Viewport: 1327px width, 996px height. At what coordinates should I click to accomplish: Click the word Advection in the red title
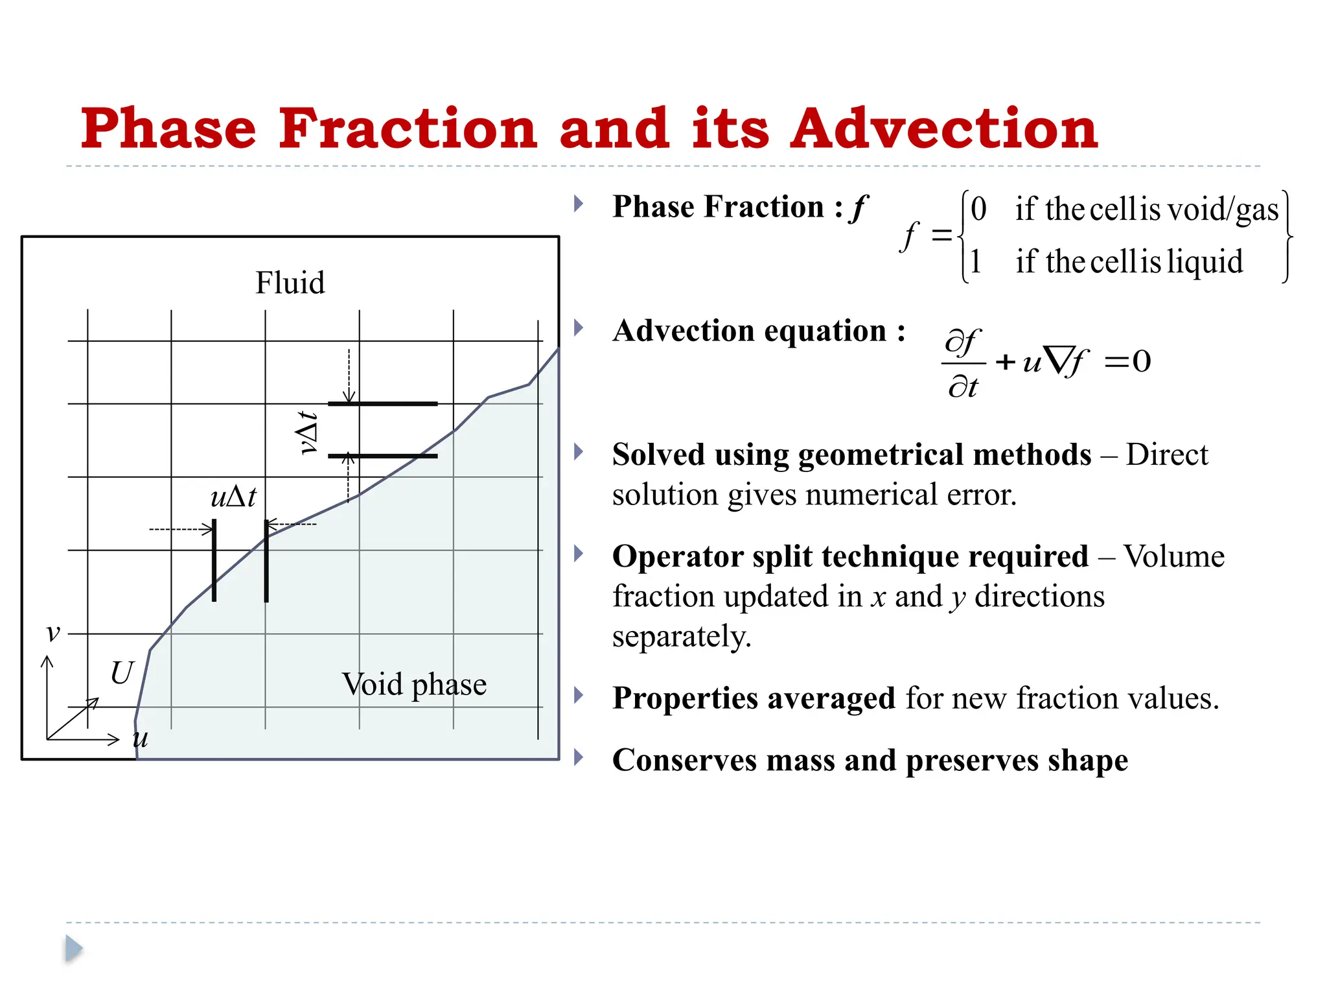pyautogui.click(x=943, y=128)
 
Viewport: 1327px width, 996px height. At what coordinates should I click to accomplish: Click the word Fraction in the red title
pyautogui.click(x=408, y=128)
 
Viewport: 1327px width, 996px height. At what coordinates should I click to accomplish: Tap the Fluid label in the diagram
pyautogui.click(x=290, y=283)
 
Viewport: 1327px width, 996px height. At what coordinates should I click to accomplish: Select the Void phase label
pyautogui.click(x=414, y=685)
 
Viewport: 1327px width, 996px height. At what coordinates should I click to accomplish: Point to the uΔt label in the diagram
pyautogui.click(x=233, y=497)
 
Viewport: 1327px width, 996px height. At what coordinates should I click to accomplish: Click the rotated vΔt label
pyautogui.click(x=307, y=433)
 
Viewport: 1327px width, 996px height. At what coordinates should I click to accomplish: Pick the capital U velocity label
pyautogui.click(x=122, y=673)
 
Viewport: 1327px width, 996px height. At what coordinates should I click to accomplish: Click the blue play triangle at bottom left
pyautogui.click(x=74, y=949)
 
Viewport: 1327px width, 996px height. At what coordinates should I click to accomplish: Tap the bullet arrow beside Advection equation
pyautogui.click(x=579, y=328)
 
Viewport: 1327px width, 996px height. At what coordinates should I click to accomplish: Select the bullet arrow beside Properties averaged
pyautogui.click(x=579, y=696)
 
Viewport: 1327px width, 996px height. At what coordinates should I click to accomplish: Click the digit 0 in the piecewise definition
pyautogui.click(x=978, y=209)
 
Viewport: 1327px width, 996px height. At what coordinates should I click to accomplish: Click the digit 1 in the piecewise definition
pyautogui.click(x=976, y=261)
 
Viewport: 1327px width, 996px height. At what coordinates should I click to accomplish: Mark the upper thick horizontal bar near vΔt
pyautogui.click(x=382, y=403)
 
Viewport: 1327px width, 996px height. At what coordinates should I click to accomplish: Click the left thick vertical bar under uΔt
pyautogui.click(x=214, y=560)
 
